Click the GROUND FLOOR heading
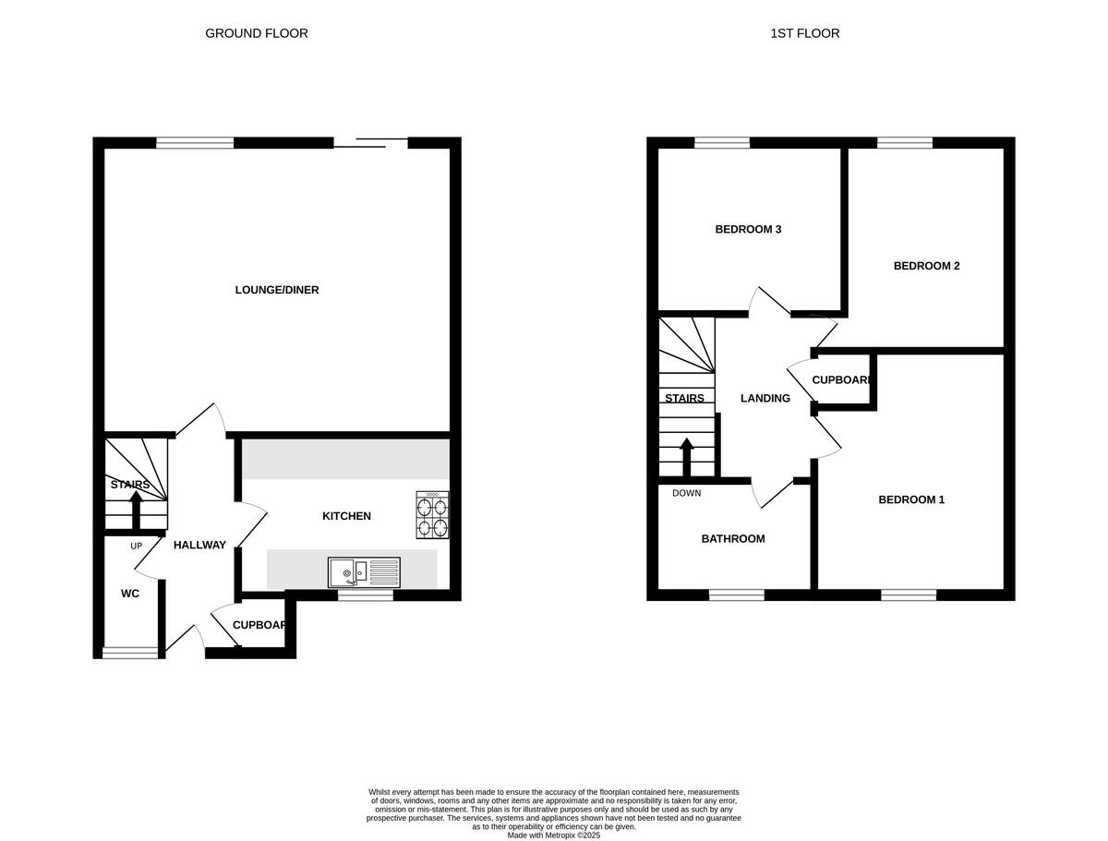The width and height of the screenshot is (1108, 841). click(256, 33)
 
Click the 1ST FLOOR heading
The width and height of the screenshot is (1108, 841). click(804, 33)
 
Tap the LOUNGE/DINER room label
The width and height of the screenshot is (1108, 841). click(277, 290)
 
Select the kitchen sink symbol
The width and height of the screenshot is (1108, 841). click(364, 572)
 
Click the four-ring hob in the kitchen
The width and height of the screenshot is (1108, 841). click(432, 516)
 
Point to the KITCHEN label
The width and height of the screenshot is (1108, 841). click(346, 516)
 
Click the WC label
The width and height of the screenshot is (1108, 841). click(130, 594)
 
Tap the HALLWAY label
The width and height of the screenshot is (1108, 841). click(199, 545)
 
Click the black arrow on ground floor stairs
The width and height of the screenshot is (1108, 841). click(136, 509)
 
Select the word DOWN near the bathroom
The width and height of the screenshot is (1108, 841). click(686, 493)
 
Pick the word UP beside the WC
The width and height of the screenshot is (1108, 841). click(136, 546)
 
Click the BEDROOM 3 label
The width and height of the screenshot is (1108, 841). click(748, 229)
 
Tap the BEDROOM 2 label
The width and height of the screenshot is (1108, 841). click(926, 266)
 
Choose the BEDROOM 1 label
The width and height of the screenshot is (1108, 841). click(910, 499)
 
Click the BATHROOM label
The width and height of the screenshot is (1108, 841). click(732, 539)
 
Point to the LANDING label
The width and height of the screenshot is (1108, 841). click(765, 399)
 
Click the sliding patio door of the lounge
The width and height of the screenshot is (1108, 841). click(370, 142)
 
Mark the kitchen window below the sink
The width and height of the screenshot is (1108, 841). click(365, 596)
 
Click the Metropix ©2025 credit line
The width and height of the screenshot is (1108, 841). click(554, 835)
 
